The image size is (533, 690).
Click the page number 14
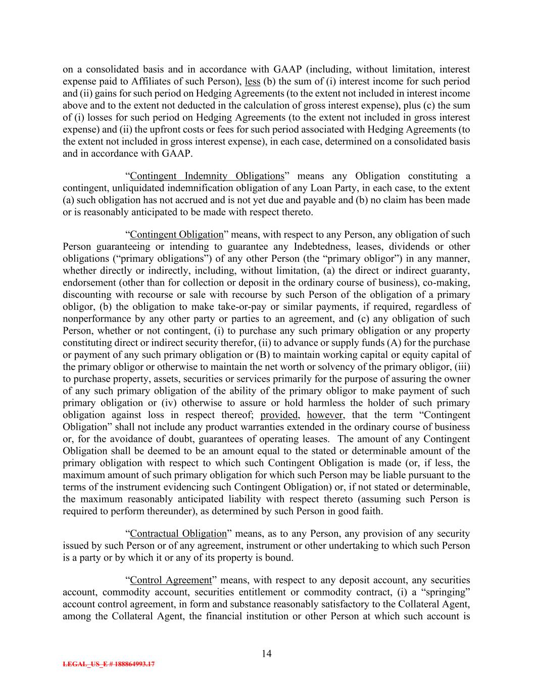tap(267, 654)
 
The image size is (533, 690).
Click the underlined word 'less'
tap(253, 81)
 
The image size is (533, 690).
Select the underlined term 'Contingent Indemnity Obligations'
tap(207, 176)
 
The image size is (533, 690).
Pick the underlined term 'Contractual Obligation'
tap(178, 533)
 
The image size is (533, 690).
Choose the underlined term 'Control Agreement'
tap(170, 580)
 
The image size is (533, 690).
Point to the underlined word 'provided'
tap(279, 415)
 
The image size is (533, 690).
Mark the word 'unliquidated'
tap(129, 188)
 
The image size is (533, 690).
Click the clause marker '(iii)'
tap(462, 366)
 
